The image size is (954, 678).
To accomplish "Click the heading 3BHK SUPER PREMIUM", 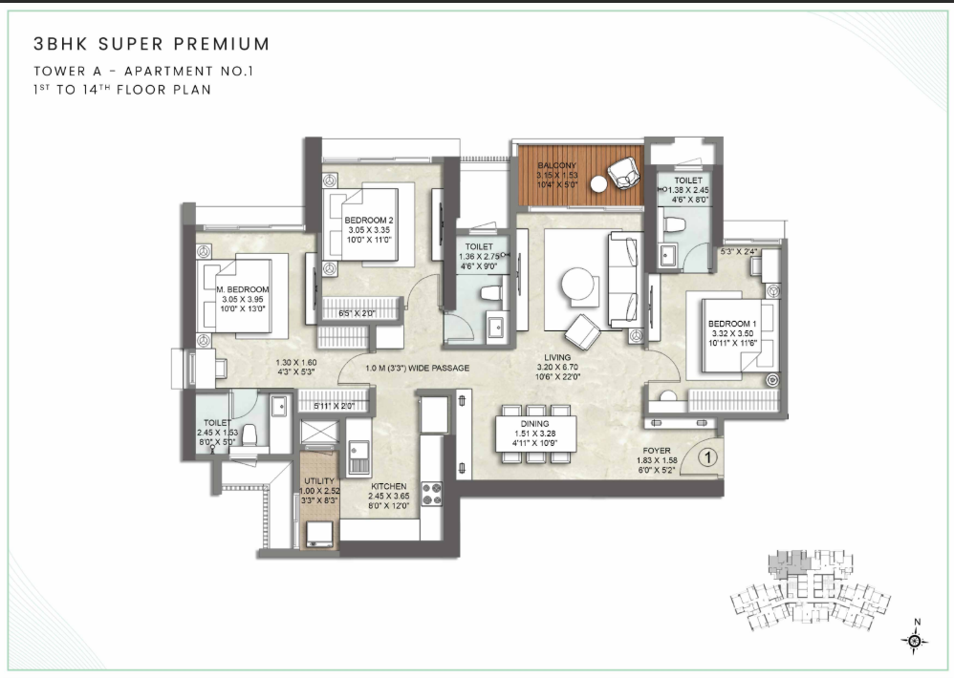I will tap(151, 44).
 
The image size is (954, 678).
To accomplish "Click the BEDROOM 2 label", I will tap(369, 221).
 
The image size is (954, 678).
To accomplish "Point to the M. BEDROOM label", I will tap(243, 289).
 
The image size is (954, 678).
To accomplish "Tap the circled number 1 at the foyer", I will tap(705, 456).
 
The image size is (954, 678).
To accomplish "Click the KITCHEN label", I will tap(389, 486).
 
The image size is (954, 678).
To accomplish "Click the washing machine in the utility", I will tap(318, 534).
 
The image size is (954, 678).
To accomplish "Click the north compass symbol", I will tap(914, 640).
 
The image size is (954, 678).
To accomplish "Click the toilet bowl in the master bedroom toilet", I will tap(250, 435).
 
